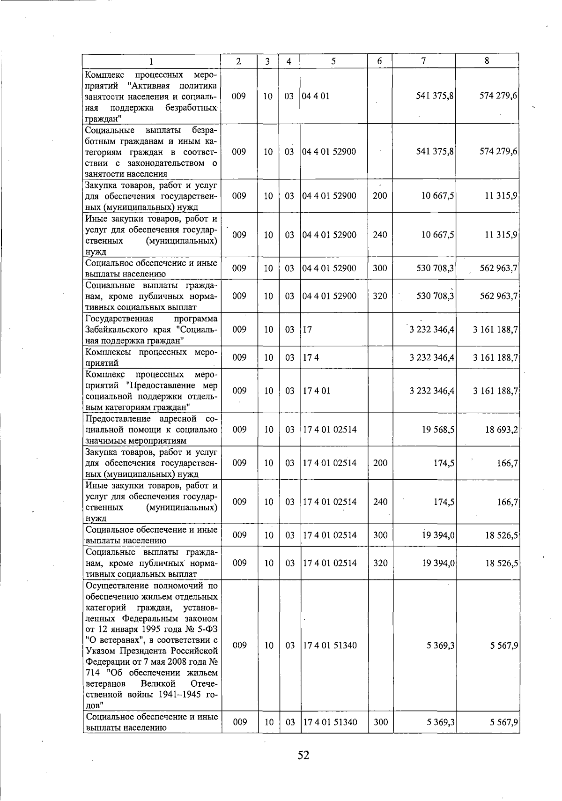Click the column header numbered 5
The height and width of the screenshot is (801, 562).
click(333, 61)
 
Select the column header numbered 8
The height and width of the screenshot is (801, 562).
click(487, 60)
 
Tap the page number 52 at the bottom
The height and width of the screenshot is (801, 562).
click(303, 755)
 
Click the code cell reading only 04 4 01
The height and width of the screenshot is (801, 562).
click(316, 96)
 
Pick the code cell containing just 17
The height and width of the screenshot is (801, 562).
click(307, 329)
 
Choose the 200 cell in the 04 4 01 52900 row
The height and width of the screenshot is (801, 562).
click(380, 196)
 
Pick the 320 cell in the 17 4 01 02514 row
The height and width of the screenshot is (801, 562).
click(380, 563)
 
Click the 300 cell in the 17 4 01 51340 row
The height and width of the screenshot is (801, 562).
click(381, 722)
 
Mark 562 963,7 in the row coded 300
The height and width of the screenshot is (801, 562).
click(498, 268)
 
